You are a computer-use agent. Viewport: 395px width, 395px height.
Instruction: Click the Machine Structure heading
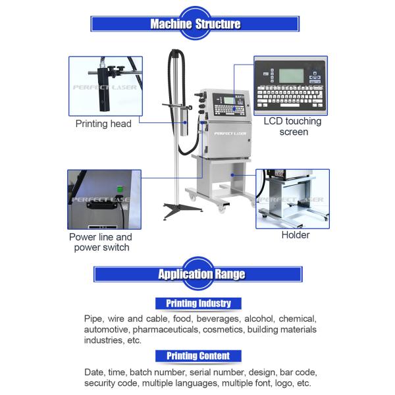[196, 24]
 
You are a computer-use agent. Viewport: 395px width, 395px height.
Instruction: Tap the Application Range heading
[201, 274]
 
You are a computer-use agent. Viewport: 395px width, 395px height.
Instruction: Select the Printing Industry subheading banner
[198, 303]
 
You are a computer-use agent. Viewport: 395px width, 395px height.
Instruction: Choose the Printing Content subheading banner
[198, 356]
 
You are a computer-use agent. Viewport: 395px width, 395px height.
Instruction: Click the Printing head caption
[103, 124]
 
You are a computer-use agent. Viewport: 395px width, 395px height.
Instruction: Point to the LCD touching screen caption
[293, 126]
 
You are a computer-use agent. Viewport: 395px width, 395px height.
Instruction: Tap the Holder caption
[296, 235]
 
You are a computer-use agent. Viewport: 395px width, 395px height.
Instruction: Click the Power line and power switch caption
[101, 242]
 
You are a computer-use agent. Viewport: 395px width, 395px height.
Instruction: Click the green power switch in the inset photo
[120, 189]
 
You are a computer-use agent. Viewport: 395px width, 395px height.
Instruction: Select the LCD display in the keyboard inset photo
[291, 76]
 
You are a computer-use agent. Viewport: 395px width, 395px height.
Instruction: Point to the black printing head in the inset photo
[104, 90]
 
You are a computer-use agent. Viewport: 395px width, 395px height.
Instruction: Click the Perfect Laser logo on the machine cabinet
[230, 134]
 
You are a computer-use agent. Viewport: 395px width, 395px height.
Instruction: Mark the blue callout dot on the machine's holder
[232, 175]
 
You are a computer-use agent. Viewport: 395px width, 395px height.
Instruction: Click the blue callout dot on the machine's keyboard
[234, 109]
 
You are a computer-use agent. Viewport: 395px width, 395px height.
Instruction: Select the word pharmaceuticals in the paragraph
[165, 330]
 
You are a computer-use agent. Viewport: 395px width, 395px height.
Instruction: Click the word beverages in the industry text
[218, 319]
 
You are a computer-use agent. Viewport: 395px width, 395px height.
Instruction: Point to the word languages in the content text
[196, 383]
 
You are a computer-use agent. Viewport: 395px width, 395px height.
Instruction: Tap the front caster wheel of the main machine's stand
[221, 208]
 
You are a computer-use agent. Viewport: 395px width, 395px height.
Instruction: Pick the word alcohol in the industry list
[259, 319]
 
